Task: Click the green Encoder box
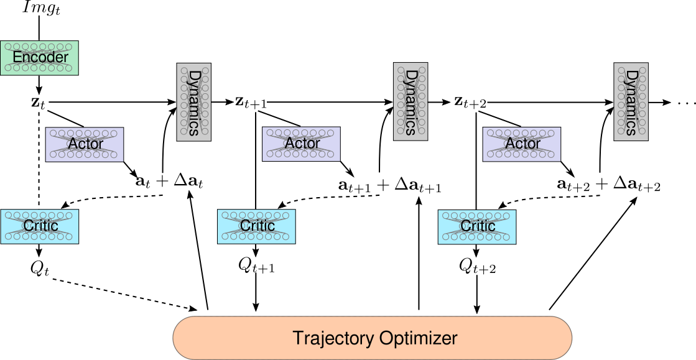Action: (39, 58)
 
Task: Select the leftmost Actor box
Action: (85, 144)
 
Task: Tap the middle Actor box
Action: (301, 144)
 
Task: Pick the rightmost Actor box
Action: (521, 144)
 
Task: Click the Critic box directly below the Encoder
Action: (39, 226)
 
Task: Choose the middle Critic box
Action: (256, 226)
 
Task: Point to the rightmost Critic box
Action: (477, 226)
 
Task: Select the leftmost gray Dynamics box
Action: (193, 102)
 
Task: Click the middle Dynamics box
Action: (411, 101)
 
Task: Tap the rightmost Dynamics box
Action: (631, 101)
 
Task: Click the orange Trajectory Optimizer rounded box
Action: (372, 338)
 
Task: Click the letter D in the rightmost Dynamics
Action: (631, 76)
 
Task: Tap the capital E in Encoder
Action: (17, 58)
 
